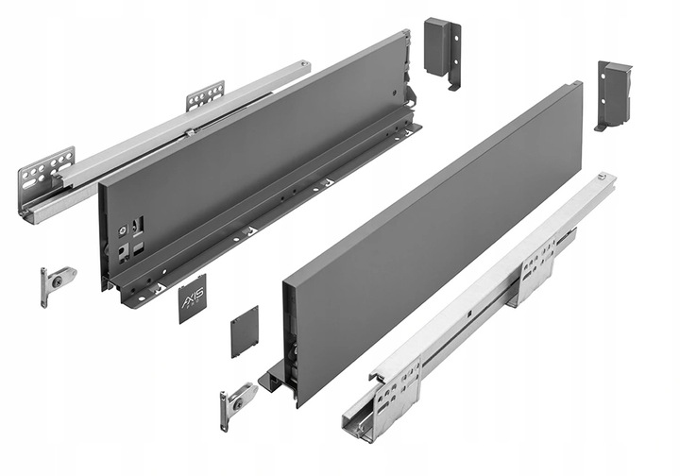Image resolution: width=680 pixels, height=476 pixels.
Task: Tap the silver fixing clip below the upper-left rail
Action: pyautogui.click(x=57, y=282)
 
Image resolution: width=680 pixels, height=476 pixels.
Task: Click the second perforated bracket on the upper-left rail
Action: pyautogui.click(x=205, y=95)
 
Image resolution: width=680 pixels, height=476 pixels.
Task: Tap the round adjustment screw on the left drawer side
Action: pyautogui.click(x=123, y=229)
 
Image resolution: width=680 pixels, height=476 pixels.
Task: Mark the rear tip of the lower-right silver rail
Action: pyautogui.click(x=603, y=181)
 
